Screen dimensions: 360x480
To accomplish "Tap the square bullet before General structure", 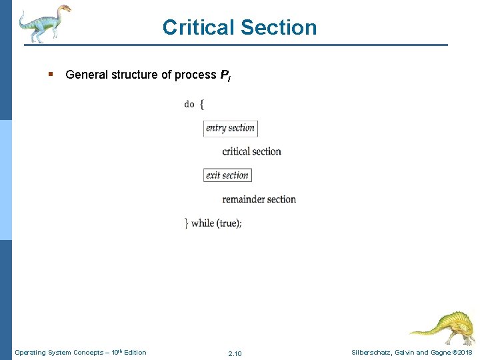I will coord(51,75).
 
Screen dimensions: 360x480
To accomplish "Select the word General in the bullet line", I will coord(87,75).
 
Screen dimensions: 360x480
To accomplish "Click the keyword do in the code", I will coord(189,104).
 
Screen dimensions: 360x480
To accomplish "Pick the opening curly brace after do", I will coord(201,104).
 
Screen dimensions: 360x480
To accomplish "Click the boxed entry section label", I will coord(230,128).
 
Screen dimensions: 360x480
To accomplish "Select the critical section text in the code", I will coord(251,151).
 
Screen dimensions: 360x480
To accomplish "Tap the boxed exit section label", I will coord(227,175).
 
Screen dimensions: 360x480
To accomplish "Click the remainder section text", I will coord(259,199).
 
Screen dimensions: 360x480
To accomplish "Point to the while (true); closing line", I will coord(213,223).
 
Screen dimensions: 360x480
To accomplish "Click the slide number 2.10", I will coord(235,353).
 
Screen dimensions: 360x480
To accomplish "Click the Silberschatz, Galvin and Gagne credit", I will coord(397,352).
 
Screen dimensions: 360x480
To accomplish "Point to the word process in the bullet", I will coord(195,75).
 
